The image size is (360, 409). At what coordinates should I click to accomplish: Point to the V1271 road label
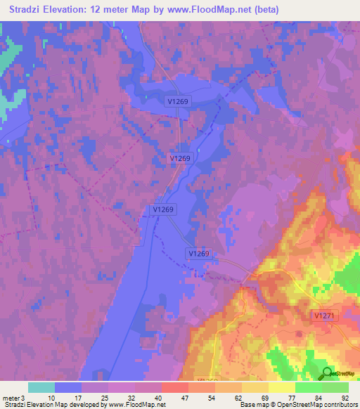pyautogui.click(x=324, y=316)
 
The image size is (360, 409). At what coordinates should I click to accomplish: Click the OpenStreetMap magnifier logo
pyautogui.click(x=326, y=372)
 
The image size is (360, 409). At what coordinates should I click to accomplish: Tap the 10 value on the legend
pyautogui.click(x=51, y=398)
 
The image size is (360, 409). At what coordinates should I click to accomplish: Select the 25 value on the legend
pyautogui.click(x=105, y=398)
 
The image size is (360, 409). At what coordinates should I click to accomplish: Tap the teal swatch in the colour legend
pyautogui.click(x=41, y=387)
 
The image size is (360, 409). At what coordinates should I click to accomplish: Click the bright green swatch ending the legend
pyautogui.click(x=335, y=387)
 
